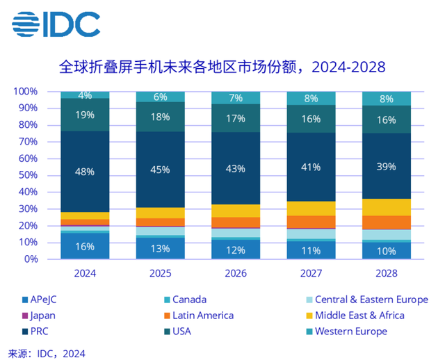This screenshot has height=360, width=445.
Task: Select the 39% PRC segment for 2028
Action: [387, 166]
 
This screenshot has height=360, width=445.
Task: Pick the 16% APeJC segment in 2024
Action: [85, 246]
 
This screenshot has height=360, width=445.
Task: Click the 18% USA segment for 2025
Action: [161, 117]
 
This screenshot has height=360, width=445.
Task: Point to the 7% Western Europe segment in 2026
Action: [236, 97]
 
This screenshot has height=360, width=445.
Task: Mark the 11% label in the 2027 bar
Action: [311, 250]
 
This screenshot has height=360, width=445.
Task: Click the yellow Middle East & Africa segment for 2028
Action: [387, 207]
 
